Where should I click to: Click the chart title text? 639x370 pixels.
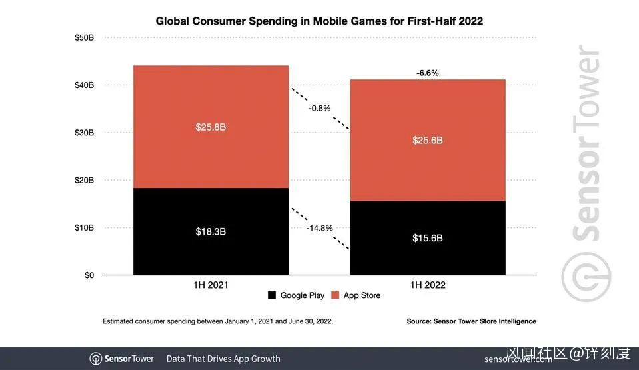point(319,21)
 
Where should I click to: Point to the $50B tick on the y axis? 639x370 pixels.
point(84,38)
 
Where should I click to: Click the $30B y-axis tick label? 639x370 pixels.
point(84,133)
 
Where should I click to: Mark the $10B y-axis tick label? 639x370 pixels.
point(84,228)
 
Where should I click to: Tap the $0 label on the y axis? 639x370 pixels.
point(88,275)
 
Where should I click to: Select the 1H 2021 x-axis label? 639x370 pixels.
point(211,285)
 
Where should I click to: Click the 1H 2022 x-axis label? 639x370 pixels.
point(427,285)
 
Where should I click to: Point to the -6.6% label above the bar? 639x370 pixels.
point(427,73)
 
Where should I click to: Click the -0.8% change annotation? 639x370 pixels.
point(319,108)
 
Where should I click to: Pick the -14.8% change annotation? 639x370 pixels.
point(319,228)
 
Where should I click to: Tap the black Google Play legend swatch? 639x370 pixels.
point(271,295)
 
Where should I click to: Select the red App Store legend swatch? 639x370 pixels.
point(335,295)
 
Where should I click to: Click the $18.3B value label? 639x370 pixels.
point(211,231)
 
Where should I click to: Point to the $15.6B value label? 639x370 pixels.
point(427,238)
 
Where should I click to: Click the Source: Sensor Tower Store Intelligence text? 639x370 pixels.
point(471,321)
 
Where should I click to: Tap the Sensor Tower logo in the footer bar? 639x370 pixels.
point(122,359)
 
